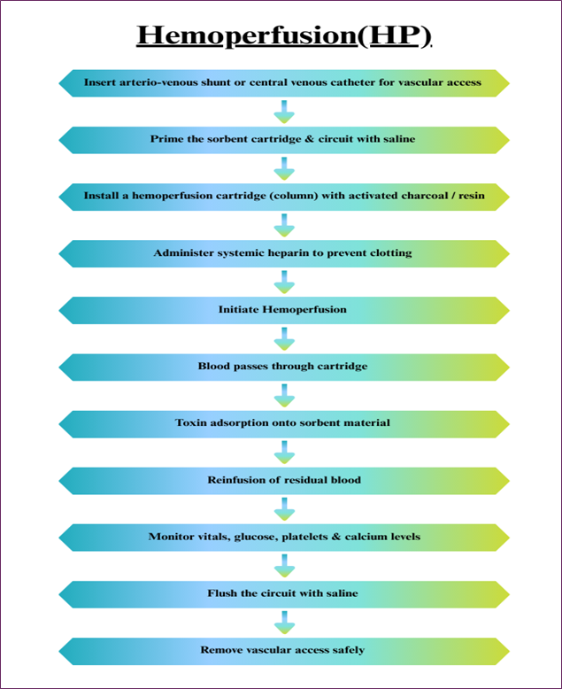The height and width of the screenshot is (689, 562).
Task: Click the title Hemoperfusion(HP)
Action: click(284, 35)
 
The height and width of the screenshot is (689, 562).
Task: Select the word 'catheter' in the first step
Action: click(354, 82)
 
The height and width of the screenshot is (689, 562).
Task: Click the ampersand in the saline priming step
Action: click(310, 139)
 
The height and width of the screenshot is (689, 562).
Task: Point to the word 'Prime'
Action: click(163, 139)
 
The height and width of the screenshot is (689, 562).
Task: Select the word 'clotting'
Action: click(390, 253)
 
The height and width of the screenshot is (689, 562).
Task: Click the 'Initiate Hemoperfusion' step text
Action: click(282, 309)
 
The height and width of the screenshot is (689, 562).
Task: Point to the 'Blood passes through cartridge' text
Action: click(282, 366)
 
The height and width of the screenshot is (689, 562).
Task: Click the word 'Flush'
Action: click(222, 593)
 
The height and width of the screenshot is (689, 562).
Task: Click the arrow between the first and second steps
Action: click(284, 112)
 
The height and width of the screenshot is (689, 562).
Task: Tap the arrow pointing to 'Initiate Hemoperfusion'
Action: click(284, 283)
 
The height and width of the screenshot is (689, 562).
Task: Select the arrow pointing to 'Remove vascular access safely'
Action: click(284, 623)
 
